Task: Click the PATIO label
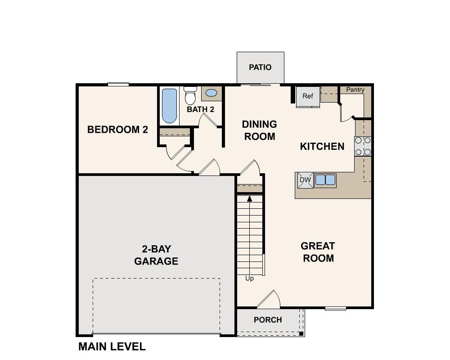point(260,67)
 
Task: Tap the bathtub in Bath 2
point(169,105)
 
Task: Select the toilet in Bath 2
point(190,95)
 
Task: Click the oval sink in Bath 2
point(211,94)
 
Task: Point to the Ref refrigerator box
point(308,96)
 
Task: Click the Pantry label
point(355,90)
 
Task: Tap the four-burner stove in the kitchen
point(363,146)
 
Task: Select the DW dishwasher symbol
point(305,180)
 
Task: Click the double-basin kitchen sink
point(325,180)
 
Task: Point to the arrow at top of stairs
point(249,198)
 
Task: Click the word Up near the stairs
point(249,279)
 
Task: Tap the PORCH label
point(268,320)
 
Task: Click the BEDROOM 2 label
point(117,130)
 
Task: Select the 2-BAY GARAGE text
point(156,255)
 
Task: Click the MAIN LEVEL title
point(112,346)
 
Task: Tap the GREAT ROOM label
point(318,252)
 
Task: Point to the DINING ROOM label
point(259,130)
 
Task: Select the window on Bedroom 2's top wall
point(118,84)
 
